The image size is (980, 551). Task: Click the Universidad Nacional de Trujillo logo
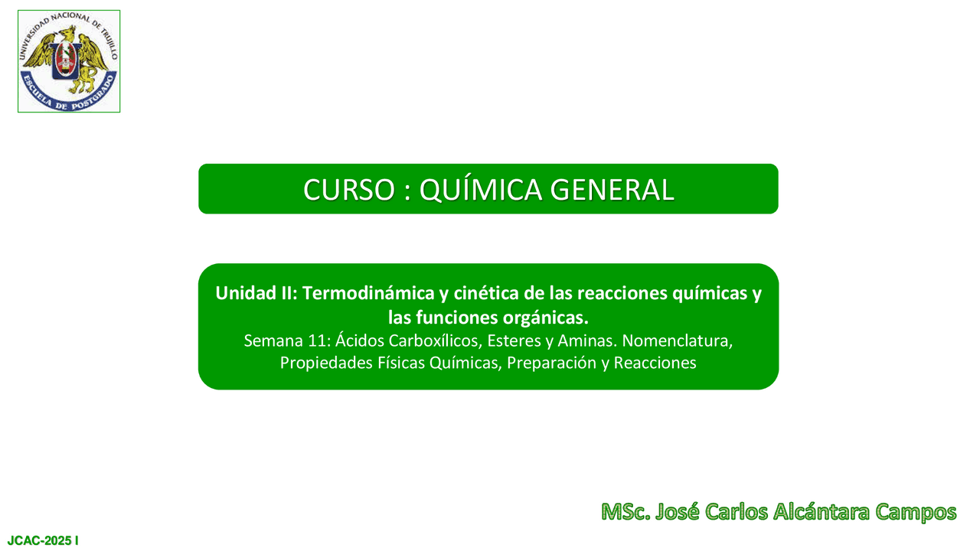tap(69, 61)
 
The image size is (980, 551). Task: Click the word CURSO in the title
tap(349, 191)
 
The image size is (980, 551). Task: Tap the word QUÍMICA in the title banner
tap(480, 189)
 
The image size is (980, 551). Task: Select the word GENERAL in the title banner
tap(612, 191)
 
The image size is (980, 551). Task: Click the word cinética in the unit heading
tap(485, 293)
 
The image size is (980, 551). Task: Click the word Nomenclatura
tap(678, 341)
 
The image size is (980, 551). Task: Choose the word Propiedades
tap(326, 364)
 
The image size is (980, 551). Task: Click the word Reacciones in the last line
tap(655, 363)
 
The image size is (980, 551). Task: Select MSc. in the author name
tap(626, 512)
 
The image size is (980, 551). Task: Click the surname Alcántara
tap(822, 512)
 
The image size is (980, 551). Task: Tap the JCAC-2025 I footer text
tap(43, 541)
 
